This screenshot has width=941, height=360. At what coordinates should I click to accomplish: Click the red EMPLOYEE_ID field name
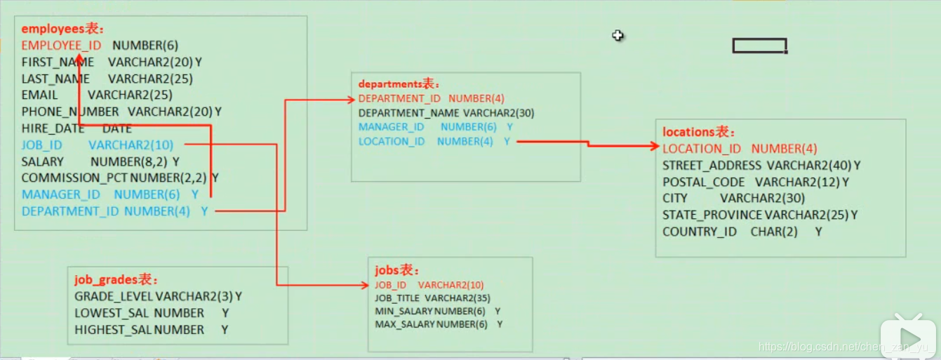61,46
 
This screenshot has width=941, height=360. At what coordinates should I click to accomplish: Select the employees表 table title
62,29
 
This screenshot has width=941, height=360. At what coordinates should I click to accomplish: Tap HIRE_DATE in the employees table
53,128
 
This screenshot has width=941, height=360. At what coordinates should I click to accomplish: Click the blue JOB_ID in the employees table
42,145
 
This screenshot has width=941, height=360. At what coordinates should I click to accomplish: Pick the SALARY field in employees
42,161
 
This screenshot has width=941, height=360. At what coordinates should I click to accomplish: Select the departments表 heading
399,84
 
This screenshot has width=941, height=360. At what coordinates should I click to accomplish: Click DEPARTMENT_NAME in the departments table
408,113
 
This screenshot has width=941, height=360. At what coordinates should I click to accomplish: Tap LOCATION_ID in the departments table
392,141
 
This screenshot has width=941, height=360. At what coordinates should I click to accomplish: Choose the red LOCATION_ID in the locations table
702,149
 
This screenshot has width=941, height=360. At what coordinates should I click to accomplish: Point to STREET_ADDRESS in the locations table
712,166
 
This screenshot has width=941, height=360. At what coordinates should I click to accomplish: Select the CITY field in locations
675,199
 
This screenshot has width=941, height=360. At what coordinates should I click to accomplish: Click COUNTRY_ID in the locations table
700,232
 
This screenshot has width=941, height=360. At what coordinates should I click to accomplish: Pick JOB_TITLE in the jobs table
398,298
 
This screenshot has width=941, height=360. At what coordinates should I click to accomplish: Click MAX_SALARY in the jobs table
404,324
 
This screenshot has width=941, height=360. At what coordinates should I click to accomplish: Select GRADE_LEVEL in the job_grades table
113,297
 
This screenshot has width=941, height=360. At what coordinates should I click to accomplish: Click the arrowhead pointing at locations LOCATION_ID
654,147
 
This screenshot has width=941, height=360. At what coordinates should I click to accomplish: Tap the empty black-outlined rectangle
759,46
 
